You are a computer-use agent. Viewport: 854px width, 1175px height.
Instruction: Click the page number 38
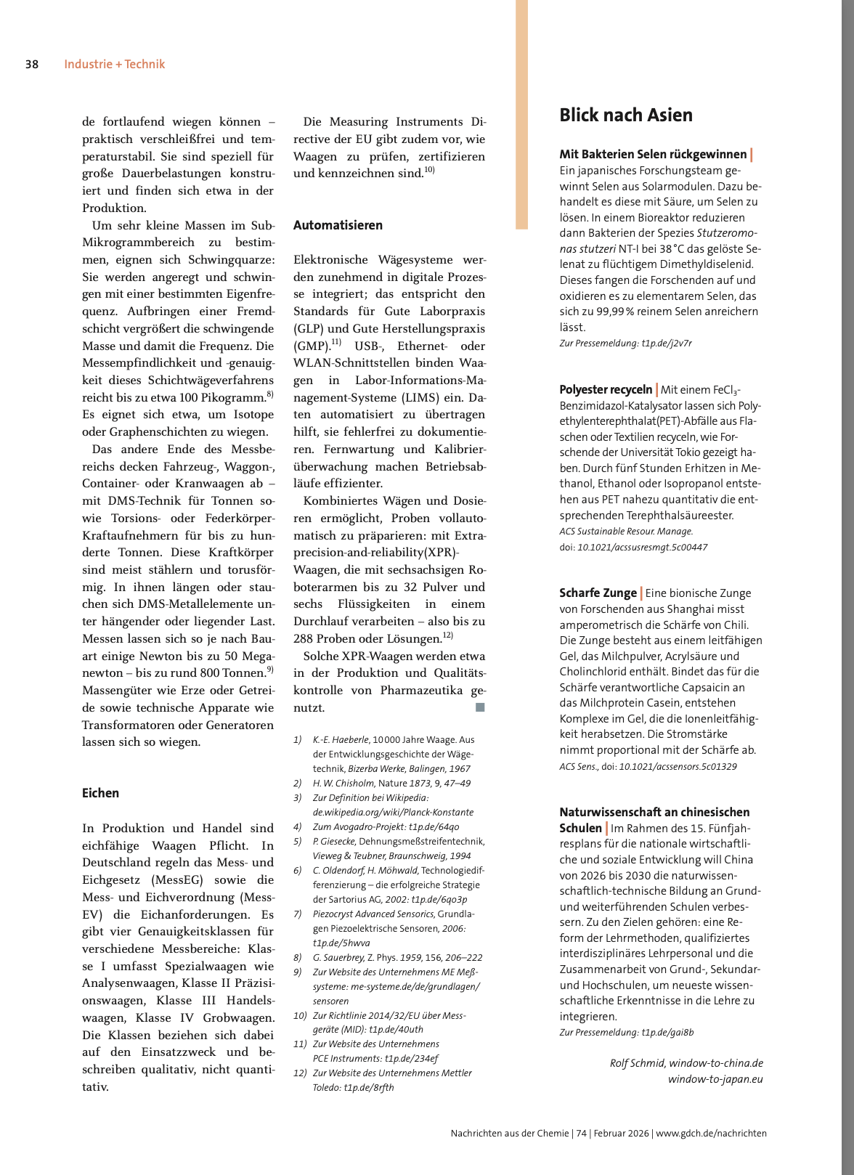coord(32,64)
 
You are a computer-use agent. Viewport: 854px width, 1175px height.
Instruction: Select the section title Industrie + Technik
coord(114,64)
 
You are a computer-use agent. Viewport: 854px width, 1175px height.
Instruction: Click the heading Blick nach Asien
coord(625,115)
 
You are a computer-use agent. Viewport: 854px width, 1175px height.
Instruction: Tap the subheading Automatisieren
coord(338,225)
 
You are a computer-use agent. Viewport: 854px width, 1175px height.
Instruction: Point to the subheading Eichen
coord(100,793)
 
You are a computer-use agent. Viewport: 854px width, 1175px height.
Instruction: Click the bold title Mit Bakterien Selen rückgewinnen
coord(653,154)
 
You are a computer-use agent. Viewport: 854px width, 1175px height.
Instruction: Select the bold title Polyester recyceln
coord(606,390)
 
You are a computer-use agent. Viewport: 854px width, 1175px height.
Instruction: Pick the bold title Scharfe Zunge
coord(598,593)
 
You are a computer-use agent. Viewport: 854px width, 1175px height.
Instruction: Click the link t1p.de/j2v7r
coord(667,343)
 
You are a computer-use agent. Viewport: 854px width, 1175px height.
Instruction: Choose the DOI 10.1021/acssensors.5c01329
coord(678,766)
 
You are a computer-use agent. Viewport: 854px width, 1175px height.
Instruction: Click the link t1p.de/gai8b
coord(667,1032)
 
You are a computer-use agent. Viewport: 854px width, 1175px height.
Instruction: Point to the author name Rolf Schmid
coord(636,1063)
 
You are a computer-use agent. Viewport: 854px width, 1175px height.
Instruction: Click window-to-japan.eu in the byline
coord(715,1079)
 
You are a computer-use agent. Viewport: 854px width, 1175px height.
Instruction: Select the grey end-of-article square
coord(480,707)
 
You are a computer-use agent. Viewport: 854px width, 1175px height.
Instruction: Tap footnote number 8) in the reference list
coord(297,957)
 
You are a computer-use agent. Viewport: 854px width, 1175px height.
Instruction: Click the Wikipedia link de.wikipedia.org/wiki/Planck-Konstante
coord(393,812)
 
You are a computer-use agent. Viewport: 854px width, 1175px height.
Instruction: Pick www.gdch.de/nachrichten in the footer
coord(711,1133)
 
